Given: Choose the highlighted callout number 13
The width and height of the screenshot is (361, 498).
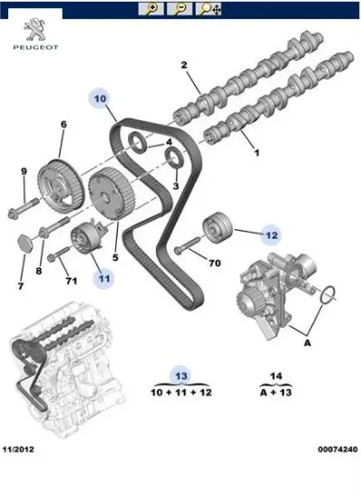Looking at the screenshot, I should pyautogui.click(x=181, y=374).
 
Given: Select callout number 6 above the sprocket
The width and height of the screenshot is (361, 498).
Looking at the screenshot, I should pyautogui.click(x=63, y=124).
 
